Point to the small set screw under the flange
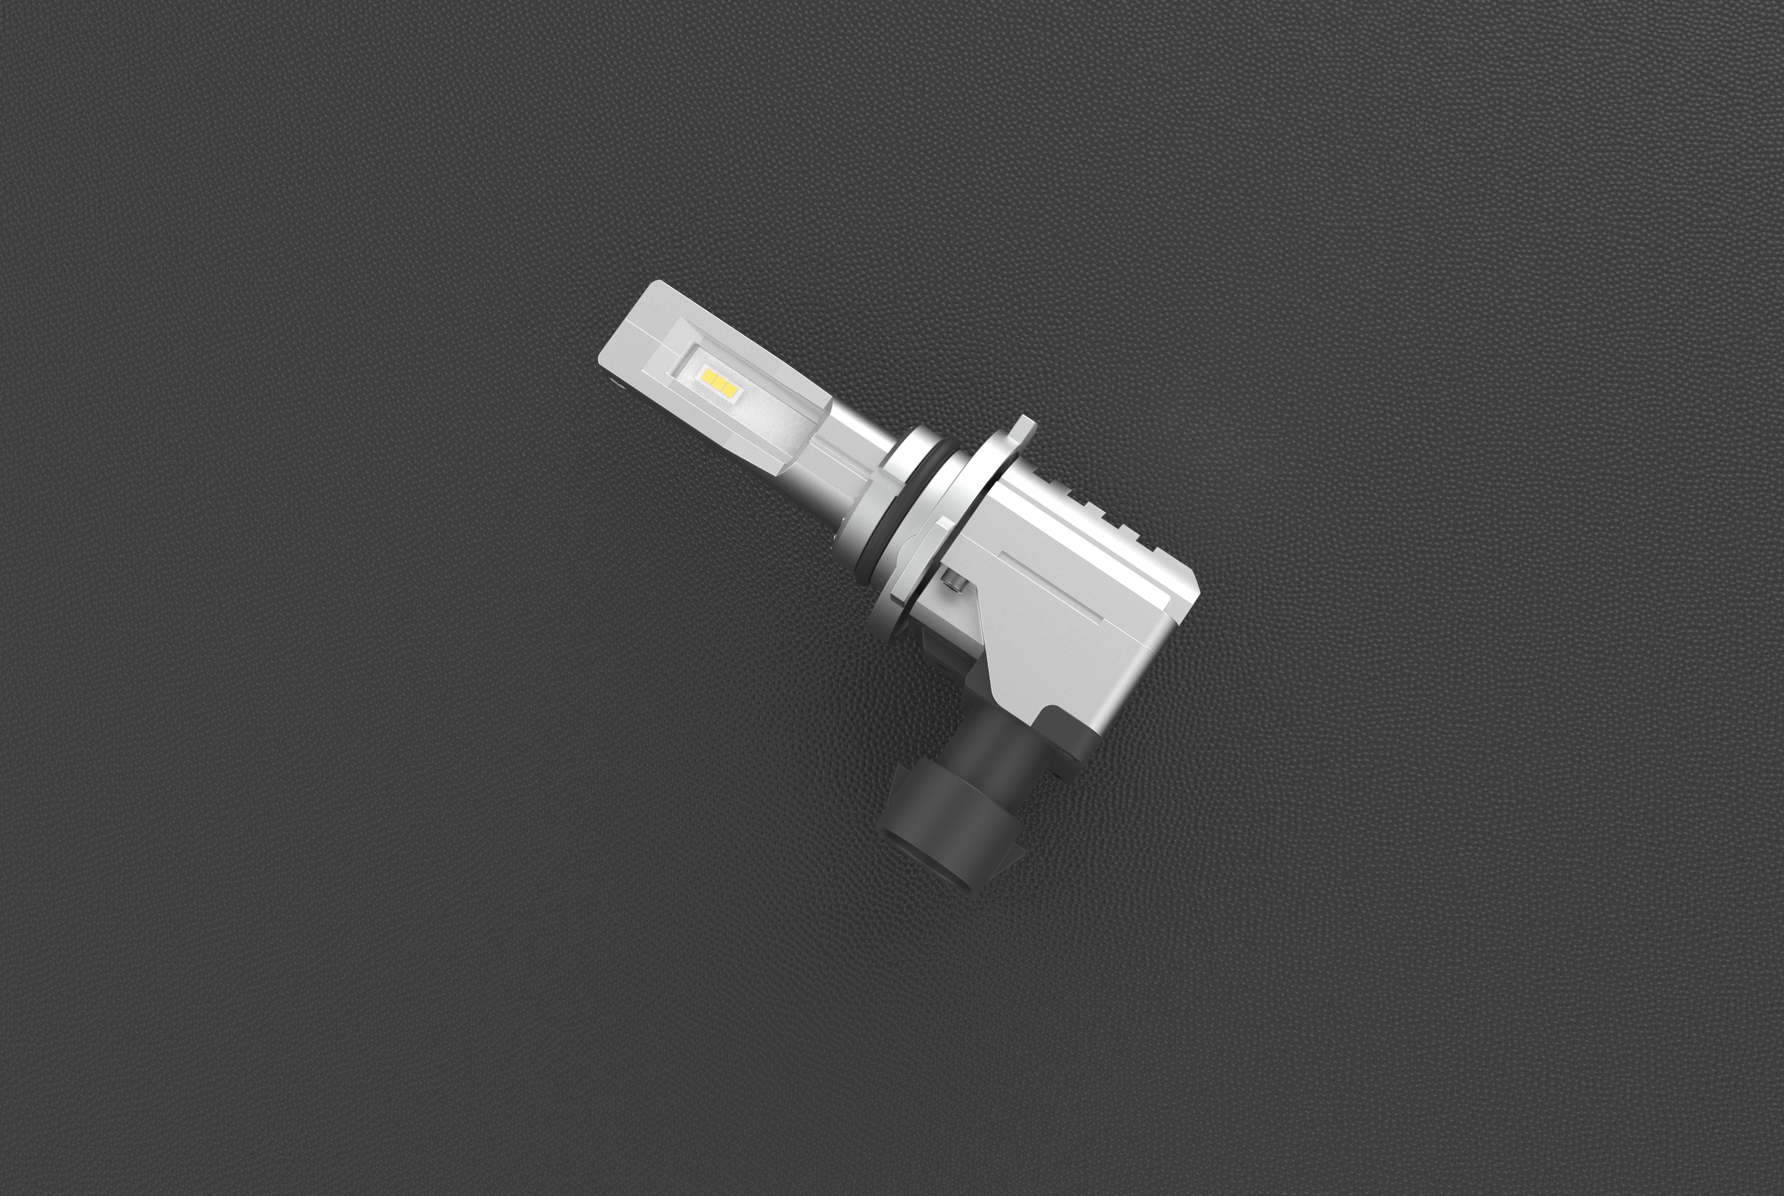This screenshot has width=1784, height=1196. [x=954, y=582]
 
